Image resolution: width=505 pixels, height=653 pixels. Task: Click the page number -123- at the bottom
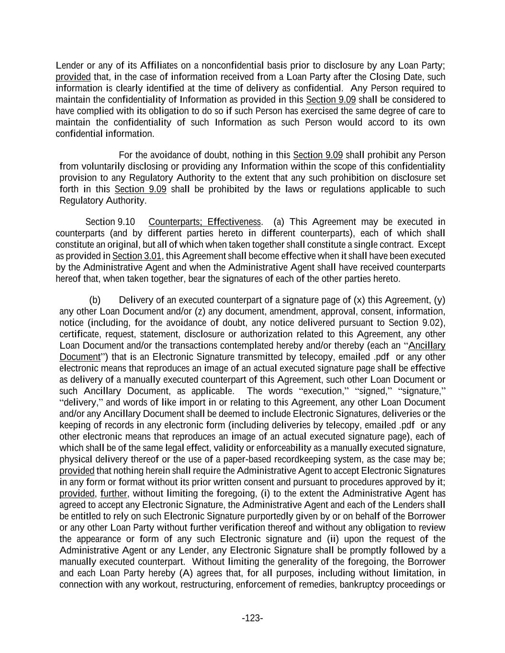252,618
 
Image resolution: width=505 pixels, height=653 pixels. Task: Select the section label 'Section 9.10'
110,222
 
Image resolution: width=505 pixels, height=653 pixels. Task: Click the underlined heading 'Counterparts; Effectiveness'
205,222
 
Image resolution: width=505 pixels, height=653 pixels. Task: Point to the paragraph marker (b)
95,300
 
